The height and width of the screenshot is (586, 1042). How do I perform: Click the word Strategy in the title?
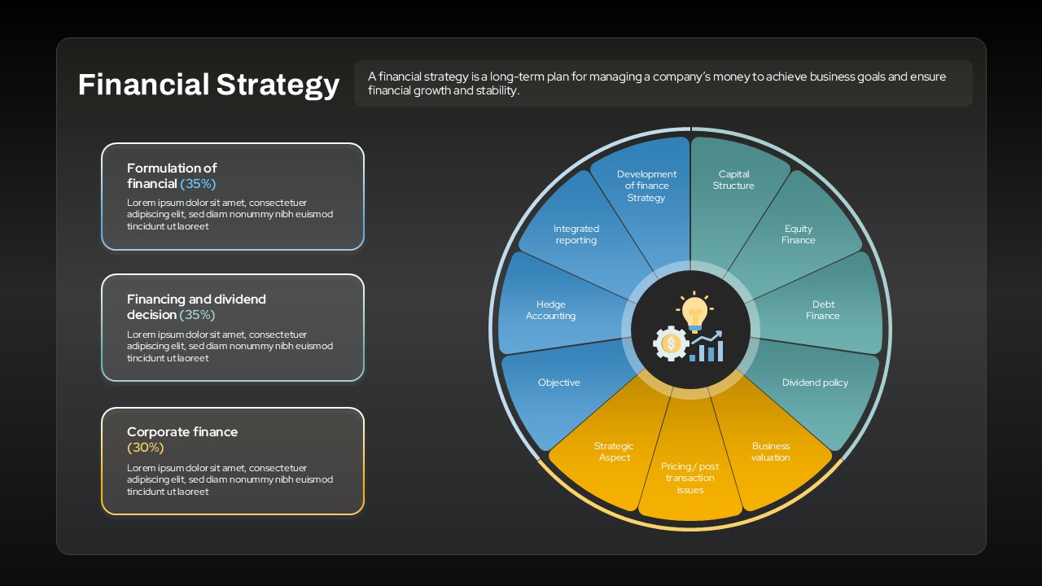pos(278,85)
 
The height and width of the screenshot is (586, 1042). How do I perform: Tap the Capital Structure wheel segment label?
pos(733,180)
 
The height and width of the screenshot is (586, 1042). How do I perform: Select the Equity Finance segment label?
pos(799,234)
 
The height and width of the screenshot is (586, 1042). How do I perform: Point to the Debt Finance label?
pos(823,310)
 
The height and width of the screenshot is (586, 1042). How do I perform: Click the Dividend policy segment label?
pos(815,383)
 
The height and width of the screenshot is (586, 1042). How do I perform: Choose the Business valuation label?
pos(771,452)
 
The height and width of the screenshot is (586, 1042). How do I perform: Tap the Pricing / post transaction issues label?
pos(690,478)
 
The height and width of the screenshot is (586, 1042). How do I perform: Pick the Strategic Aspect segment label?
pos(614,452)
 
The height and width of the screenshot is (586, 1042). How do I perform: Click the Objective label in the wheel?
pos(558,383)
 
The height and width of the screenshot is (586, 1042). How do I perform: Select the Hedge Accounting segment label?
pos(551,310)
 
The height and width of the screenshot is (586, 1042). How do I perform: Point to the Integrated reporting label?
pos(576,234)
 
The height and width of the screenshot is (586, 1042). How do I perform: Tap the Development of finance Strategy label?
pos(646,186)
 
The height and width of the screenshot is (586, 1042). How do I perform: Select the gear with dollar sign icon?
pos(671,343)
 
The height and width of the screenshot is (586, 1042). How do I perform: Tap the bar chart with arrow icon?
pos(706,346)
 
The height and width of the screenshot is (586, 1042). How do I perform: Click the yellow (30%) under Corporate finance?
pos(146,448)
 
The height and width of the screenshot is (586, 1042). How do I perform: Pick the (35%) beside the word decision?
pos(197,315)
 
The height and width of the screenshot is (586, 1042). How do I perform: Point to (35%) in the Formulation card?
pos(198,184)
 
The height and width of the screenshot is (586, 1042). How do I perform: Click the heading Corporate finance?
pos(182,431)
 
